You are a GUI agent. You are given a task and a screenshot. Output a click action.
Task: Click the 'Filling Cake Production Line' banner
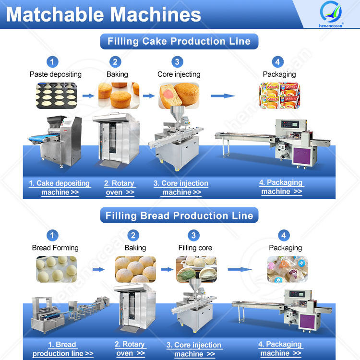(x=179, y=41)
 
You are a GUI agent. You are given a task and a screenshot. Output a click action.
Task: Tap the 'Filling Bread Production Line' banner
(x=179, y=215)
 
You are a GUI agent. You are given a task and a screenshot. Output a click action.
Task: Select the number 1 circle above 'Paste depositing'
(x=53, y=61)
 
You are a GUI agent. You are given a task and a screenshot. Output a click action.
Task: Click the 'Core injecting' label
(x=179, y=74)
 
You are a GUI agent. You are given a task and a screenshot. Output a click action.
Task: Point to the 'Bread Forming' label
(x=55, y=248)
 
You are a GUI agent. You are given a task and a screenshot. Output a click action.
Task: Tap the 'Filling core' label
(x=195, y=248)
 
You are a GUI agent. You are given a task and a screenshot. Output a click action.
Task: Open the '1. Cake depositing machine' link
(x=60, y=188)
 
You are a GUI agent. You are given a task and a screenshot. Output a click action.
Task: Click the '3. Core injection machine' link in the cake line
(x=181, y=188)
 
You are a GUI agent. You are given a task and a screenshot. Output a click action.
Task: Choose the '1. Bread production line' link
(x=62, y=349)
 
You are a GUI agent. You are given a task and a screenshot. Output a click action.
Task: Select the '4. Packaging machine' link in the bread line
(x=280, y=348)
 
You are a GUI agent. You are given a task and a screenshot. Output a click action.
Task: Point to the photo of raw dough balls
(x=56, y=269)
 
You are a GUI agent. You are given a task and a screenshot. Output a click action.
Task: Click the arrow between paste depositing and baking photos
(x=88, y=96)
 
